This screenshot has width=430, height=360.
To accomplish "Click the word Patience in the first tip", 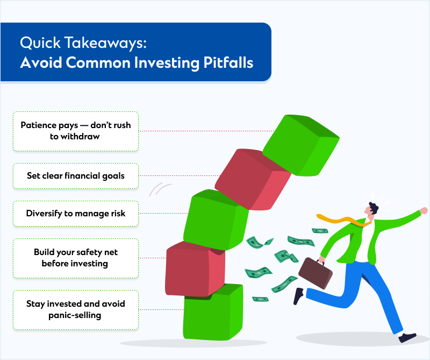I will pos(40,125).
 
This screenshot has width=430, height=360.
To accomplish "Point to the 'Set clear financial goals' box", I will pos(76,175).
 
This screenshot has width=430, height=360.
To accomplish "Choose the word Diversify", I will pos(44,213).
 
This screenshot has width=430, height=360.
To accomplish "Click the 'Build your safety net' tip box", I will pos(76,258).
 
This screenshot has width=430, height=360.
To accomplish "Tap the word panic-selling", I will pos(76,315).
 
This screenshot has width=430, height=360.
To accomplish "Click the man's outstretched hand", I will pos(424,210).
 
